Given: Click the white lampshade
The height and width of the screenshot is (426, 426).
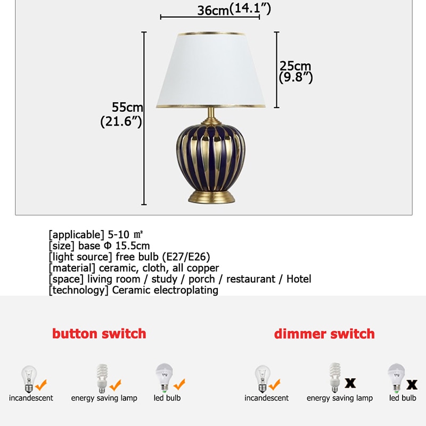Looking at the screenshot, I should click(210, 69).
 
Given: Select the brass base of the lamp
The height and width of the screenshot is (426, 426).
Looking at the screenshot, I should click(211, 195).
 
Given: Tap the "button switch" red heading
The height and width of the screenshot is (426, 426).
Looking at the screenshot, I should click(99, 334).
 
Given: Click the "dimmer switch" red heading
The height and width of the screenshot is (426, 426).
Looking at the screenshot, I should click(324, 334).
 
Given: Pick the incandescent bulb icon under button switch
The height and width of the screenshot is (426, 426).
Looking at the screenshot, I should click(28, 378).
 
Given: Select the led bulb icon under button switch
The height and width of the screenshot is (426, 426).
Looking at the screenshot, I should click(163, 378).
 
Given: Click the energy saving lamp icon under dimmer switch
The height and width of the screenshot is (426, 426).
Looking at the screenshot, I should click(334, 378).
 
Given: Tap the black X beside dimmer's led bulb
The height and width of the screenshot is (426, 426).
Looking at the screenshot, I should click(411, 383).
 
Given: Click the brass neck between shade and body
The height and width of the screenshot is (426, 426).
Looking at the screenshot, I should click(211, 116).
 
